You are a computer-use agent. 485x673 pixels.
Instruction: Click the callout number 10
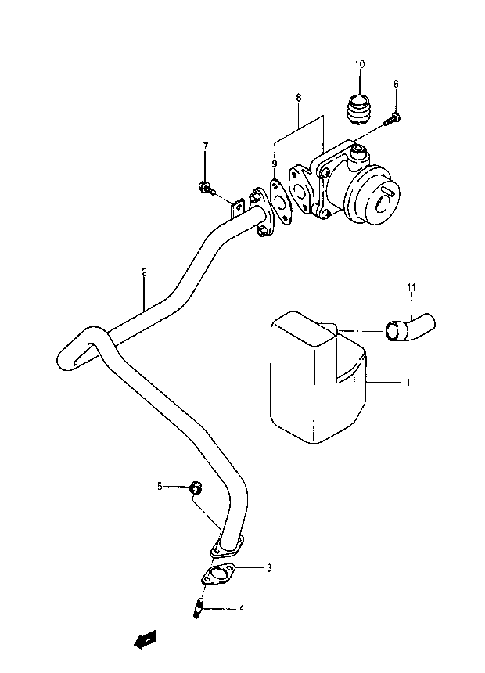pos(360,64)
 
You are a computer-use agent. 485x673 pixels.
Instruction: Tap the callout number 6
pos(396,84)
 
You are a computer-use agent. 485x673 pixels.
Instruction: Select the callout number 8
pos(299,98)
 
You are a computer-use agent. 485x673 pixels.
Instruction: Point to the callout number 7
pos(205,146)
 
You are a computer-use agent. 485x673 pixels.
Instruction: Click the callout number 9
pos(275,163)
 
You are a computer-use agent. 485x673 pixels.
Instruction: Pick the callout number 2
pos(144,272)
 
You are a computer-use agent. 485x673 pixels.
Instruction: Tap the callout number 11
pos(411,286)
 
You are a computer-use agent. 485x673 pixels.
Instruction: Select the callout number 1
pos(408,382)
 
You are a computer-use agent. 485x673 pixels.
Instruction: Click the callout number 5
pos(160,486)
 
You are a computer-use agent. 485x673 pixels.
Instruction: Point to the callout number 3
pos(269,568)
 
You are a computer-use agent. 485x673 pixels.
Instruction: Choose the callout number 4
pos(242,608)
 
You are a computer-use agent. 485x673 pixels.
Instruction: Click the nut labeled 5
pos(196,488)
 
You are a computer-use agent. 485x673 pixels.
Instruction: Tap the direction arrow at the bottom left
pos(145,639)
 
